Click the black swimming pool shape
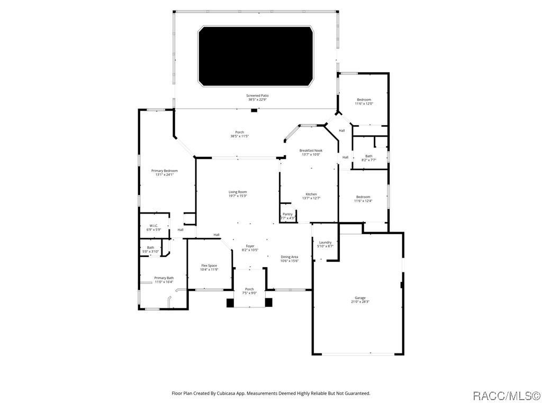(x=256, y=56)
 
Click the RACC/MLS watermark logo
(x=506, y=395)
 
